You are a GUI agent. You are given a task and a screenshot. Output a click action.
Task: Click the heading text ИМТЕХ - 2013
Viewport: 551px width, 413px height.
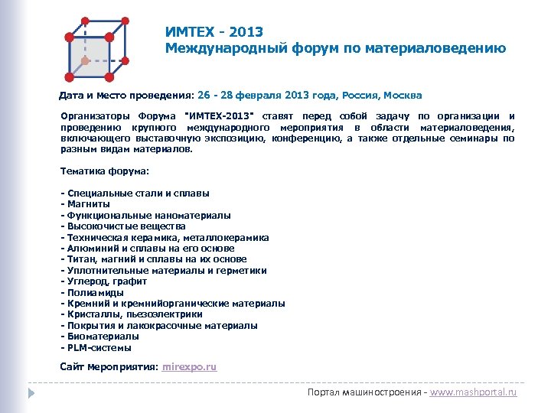pos(214,32)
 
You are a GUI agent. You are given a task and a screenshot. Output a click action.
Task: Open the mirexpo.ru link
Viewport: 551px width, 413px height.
pos(190,367)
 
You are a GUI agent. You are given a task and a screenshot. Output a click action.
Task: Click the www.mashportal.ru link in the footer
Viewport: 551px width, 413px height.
pos(474,392)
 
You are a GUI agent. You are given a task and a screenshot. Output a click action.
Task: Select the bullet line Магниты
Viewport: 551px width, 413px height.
pos(88,204)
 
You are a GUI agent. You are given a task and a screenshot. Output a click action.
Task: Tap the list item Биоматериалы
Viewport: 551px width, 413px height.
pos(103,337)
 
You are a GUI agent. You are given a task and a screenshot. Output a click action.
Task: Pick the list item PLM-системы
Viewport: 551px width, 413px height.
pos(93,348)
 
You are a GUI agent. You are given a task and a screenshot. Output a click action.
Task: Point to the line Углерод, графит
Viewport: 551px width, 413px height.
pos(106,281)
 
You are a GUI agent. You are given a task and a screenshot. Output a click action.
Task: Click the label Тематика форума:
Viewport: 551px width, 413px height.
pos(104,171)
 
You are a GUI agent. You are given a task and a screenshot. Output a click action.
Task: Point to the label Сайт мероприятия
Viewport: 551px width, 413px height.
pos(109,367)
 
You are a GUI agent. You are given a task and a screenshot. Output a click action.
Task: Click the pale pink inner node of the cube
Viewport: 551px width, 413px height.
pos(85,59)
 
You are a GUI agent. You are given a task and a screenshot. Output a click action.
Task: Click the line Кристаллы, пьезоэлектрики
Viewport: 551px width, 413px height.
pos(134,314)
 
